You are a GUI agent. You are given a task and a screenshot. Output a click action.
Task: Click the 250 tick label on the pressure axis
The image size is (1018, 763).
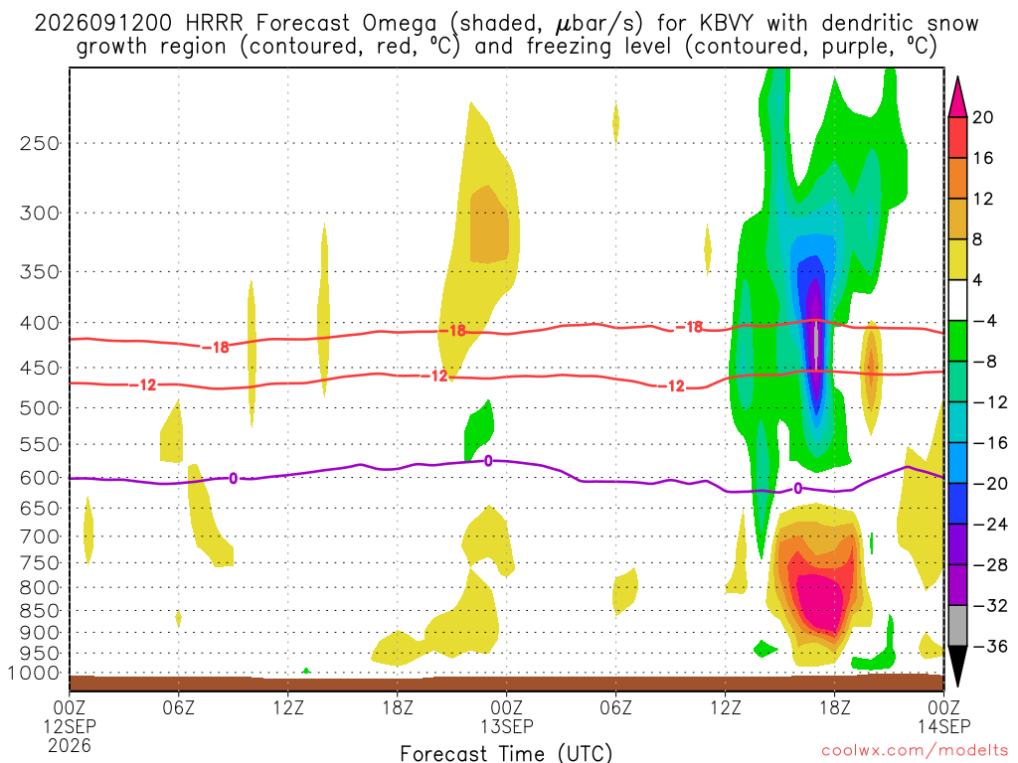pyautogui.click(x=40, y=143)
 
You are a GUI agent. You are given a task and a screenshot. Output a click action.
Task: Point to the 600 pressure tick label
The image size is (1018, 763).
pyautogui.click(x=40, y=478)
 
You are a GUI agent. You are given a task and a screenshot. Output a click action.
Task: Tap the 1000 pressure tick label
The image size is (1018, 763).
pyautogui.click(x=35, y=674)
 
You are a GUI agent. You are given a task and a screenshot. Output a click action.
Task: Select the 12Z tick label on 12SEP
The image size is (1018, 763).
pyautogui.click(x=287, y=707)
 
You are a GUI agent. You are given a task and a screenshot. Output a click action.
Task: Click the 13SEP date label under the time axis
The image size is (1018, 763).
pyautogui.click(x=506, y=726)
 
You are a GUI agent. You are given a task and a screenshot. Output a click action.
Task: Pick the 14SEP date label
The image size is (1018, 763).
pyautogui.click(x=944, y=726)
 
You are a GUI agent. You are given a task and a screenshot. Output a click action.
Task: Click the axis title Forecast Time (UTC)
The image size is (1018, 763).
pyautogui.click(x=506, y=753)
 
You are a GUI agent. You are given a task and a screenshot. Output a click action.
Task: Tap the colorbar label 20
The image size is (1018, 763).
pyautogui.click(x=983, y=117)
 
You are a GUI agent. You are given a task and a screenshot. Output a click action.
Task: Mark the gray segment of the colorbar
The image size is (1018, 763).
pyautogui.click(x=957, y=626)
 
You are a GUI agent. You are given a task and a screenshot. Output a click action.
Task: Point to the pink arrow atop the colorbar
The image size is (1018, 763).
pyautogui.click(x=957, y=97)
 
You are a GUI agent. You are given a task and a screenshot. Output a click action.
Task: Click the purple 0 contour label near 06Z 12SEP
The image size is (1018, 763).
pyautogui.click(x=233, y=479)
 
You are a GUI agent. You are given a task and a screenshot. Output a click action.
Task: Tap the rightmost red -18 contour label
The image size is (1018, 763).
pyautogui.click(x=689, y=327)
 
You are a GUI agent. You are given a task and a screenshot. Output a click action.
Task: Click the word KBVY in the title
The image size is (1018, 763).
pyautogui.click(x=727, y=24)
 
